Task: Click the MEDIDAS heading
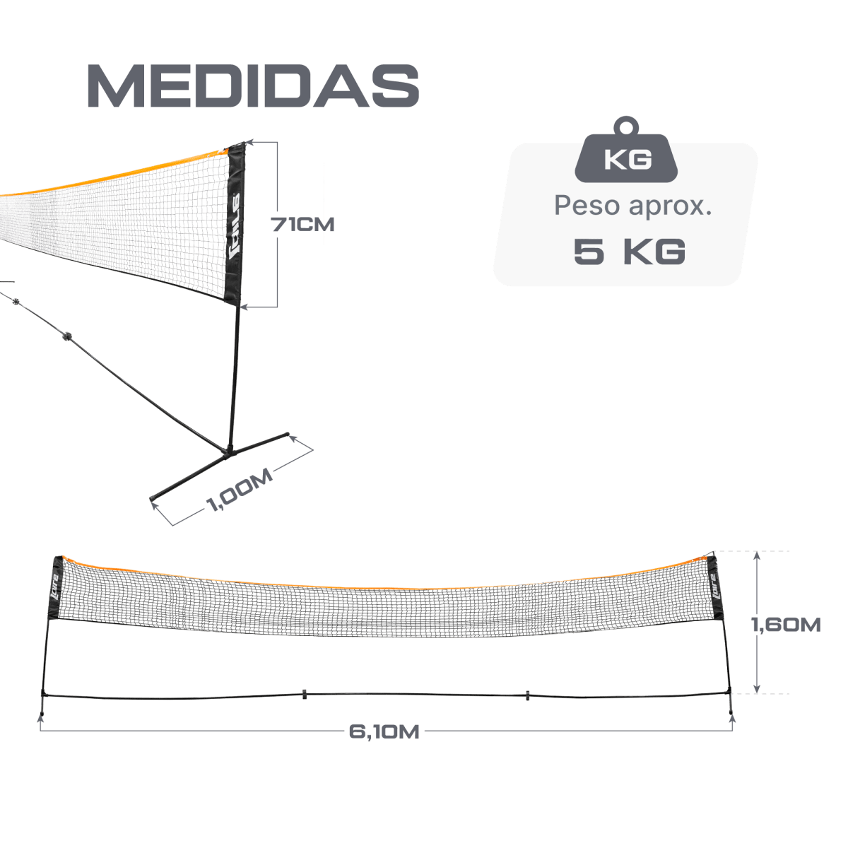pos(253,88)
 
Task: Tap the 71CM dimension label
pos(302,225)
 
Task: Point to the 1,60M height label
pos(786,625)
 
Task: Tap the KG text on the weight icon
pos(628,160)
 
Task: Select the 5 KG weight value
pos(629,252)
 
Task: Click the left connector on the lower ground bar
pos(303,693)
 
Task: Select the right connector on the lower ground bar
pos(527,693)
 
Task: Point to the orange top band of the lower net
pos(382,585)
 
